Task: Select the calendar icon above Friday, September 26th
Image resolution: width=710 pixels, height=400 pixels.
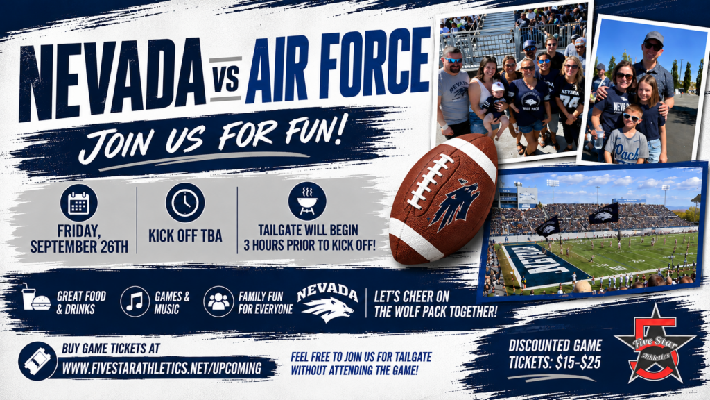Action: [x=79, y=203]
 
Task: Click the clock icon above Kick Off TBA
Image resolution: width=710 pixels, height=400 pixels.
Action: [x=184, y=202]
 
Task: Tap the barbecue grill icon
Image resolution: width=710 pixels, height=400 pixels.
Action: [x=307, y=201]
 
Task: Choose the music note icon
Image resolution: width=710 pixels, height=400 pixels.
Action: [x=135, y=301]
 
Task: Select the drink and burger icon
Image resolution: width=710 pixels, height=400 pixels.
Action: [x=36, y=299]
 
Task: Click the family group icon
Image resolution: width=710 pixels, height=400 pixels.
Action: [x=218, y=301]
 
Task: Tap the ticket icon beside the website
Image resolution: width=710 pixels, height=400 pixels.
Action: [x=37, y=361]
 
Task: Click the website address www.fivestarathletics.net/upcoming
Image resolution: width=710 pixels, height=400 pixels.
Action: [x=162, y=368]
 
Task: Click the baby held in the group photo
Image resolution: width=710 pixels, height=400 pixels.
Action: [x=495, y=108]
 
